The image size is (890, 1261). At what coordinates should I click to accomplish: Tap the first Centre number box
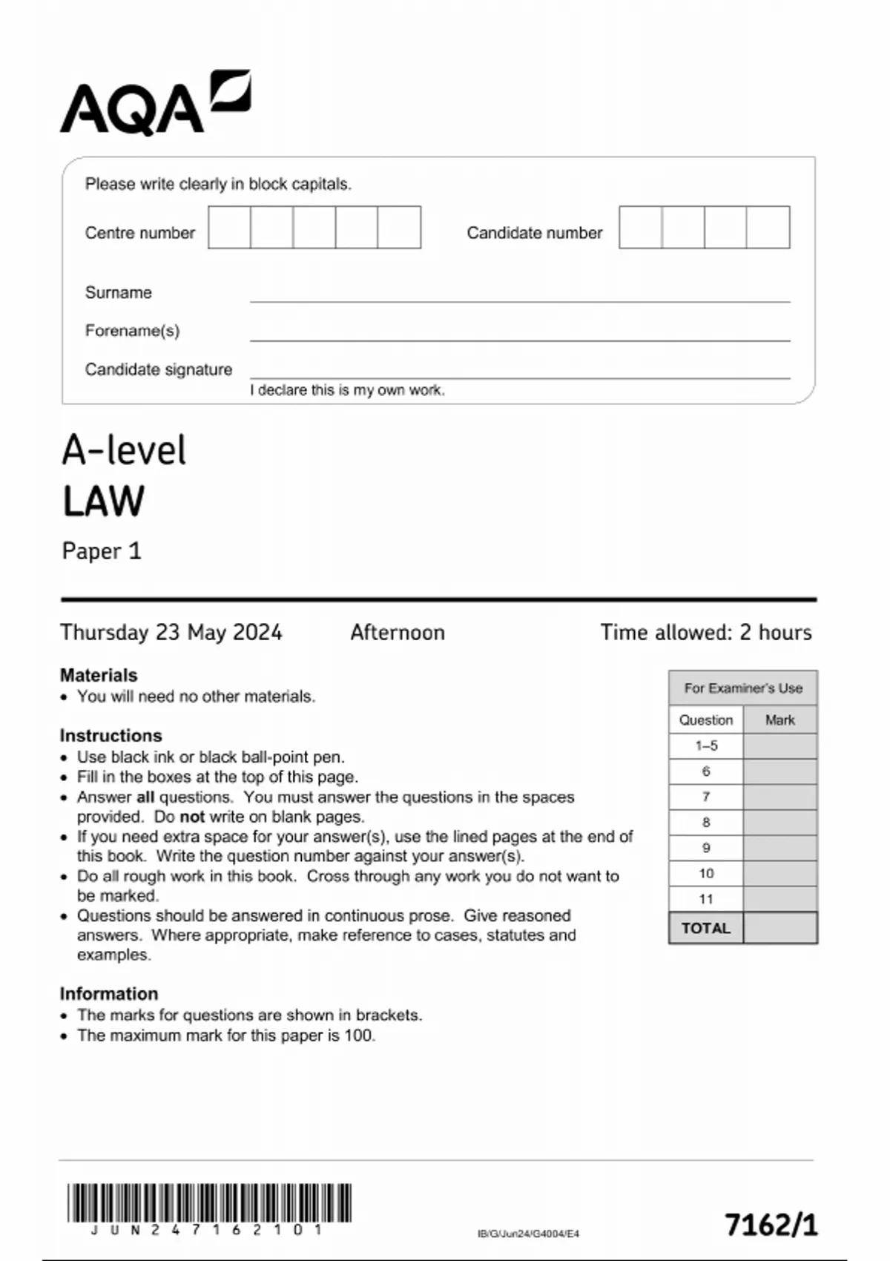[229, 228]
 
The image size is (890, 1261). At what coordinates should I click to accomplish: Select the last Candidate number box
[768, 228]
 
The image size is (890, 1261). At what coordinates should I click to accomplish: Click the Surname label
[118, 292]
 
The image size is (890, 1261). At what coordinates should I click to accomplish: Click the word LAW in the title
[103, 501]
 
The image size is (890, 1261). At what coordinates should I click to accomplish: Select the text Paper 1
[101, 551]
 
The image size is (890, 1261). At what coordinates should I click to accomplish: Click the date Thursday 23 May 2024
[171, 632]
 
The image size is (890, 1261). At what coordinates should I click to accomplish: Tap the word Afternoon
[398, 632]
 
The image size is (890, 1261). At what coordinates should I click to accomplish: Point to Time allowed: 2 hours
[705, 632]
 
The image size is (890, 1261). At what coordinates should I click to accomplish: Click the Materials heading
[99, 675]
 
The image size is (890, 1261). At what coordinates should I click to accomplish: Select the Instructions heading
[111, 735]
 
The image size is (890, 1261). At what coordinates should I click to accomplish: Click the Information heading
[108, 993]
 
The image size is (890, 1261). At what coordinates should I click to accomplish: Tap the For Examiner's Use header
[743, 688]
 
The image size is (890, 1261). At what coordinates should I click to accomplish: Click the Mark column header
[779, 720]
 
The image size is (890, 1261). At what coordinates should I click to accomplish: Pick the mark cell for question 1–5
[779, 745]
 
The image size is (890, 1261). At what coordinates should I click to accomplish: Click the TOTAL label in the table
[705, 928]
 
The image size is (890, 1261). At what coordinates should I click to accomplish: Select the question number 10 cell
[705, 873]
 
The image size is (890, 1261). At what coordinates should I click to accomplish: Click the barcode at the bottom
[209, 1203]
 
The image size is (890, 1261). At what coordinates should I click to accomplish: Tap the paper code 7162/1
[771, 1225]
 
